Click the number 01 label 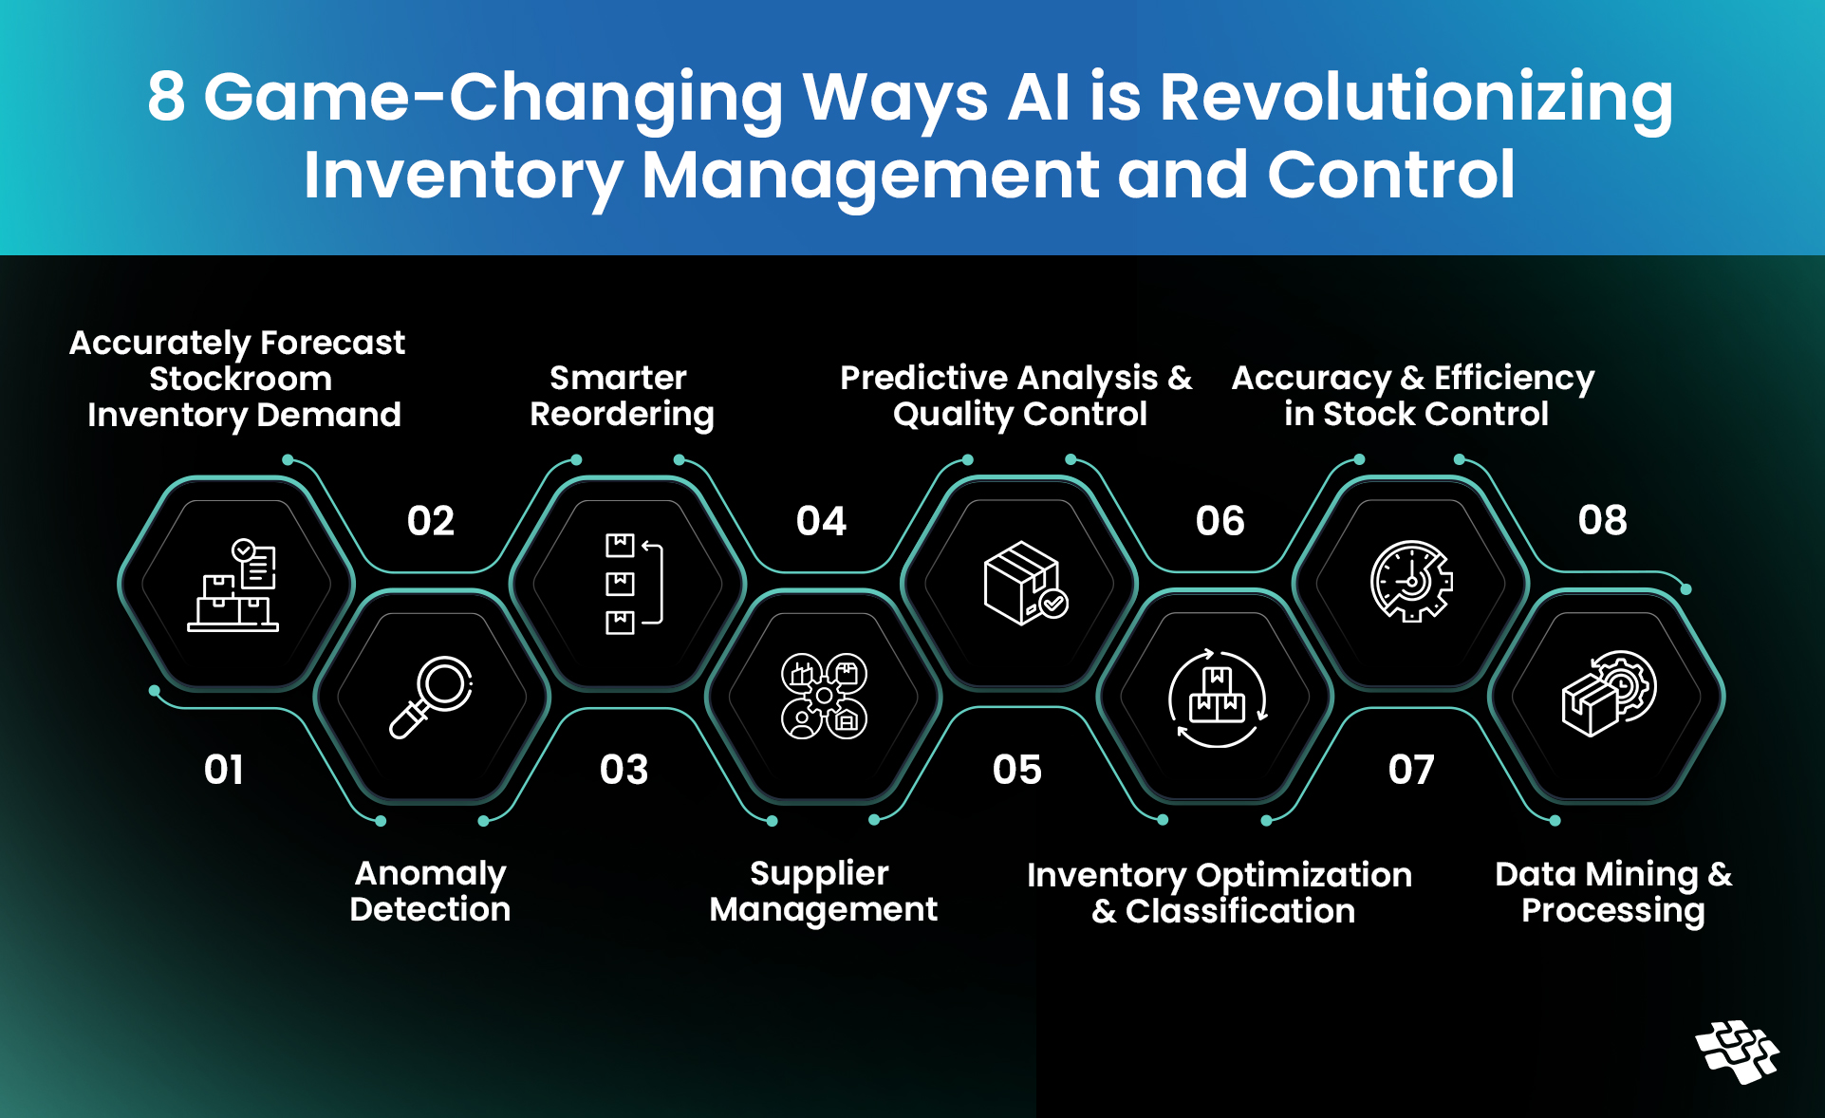pyautogui.click(x=224, y=770)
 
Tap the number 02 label pyautogui.click(x=431, y=521)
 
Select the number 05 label pyautogui.click(x=1017, y=770)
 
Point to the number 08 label pyautogui.click(x=1603, y=520)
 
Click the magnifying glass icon pyautogui.click(x=432, y=697)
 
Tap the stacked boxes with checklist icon pyautogui.click(x=234, y=585)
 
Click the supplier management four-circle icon pyautogui.click(x=824, y=697)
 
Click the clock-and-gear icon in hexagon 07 pyautogui.click(x=1411, y=582)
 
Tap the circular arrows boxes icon pyautogui.click(x=1218, y=698)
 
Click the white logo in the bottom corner pyautogui.click(x=1737, y=1052)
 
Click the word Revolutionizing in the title pyautogui.click(x=1416, y=97)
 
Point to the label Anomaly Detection pyautogui.click(x=431, y=891)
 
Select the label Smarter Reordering pyautogui.click(x=622, y=396)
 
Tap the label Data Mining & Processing pyautogui.click(x=1613, y=892)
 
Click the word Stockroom pyautogui.click(x=241, y=379)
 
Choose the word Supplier pyautogui.click(x=819, y=874)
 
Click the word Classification pyautogui.click(x=1240, y=911)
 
